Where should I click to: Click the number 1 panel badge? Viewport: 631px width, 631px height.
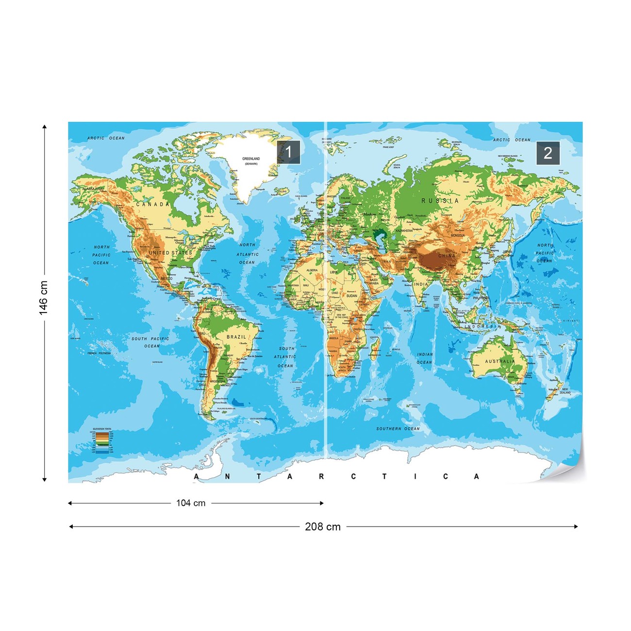(x=288, y=152)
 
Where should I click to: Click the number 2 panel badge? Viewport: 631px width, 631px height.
(x=548, y=153)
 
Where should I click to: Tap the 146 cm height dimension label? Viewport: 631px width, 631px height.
(x=44, y=298)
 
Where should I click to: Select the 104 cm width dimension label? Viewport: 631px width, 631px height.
(x=191, y=503)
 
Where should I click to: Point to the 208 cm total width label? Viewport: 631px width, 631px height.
(x=322, y=527)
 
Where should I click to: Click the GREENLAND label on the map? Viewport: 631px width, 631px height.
(x=251, y=159)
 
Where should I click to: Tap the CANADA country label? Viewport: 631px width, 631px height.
(x=153, y=204)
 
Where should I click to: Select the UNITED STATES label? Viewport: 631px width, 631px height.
(x=170, y=253)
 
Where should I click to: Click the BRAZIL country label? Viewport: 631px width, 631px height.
(x=236, y=337)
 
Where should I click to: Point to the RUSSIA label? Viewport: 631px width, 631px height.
(x=440, y=200)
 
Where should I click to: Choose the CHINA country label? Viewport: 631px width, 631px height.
(x=447, y=255)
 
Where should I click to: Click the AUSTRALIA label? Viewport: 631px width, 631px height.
(x=500, y=361)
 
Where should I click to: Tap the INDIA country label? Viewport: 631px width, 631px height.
(x=421, y=284)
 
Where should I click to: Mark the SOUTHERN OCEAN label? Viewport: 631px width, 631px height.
(x=398, y=429)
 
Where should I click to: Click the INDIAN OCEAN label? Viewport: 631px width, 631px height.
(x=425, y=358)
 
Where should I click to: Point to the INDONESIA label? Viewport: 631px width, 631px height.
(x=482, y=327)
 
